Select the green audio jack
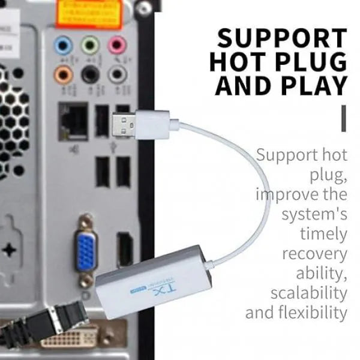(x=90, y=45)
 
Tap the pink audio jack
(x=117, y=45)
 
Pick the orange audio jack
(x=62, y=74)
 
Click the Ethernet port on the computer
(x=74, y=122)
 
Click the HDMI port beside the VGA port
(x=125, y=249)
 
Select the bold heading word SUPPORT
(x=282, y=38)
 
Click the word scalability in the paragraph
(x=308, y=293)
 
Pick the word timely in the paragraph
(x=323, y=234)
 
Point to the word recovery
(x=314, y=253)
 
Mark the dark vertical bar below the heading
(x=343, y=118)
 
